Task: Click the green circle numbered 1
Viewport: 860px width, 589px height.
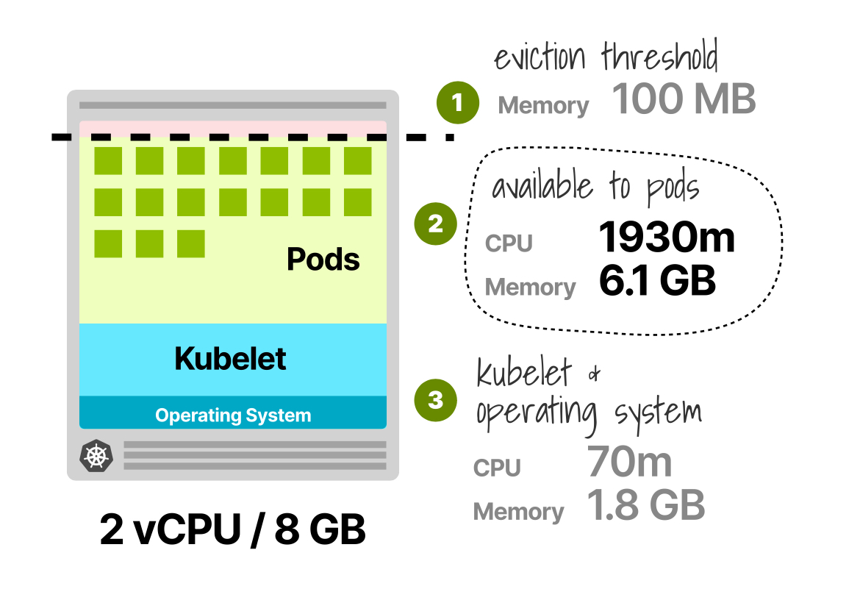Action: (x=457, y=103)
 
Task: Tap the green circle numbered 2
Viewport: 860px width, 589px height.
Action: (x=435, y=224)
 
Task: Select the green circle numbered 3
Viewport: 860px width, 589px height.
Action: (x=435, y=400)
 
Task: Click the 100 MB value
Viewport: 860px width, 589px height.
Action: (x=684, y=99)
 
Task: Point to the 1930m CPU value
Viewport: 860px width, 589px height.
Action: (x=666, y=238)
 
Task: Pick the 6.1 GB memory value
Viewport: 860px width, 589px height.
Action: (x=657, y=281)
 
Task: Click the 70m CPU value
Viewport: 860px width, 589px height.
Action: (x=629, y=462)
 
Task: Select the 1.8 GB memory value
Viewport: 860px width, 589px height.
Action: (x=646, y=505)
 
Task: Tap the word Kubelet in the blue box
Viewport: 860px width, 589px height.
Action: (x=231, y=359)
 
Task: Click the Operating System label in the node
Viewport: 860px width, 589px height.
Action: (x=233, y=415)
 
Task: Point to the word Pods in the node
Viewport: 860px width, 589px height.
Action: (x=323, y=259)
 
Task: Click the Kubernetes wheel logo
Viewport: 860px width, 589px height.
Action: (x=95, y=457)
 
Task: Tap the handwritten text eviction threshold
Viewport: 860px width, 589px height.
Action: (x=606, y=57)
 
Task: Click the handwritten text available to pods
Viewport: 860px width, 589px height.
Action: (x=595, y=187)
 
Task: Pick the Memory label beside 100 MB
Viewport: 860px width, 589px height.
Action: (x=543, y=106)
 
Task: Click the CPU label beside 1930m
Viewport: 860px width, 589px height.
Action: (x=509, y=243)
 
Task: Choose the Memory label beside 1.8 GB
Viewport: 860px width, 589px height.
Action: (x=518, y=512)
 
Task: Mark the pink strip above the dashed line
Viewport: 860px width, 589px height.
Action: (x=233, y=128)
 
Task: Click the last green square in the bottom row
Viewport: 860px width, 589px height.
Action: (x=190, y=244)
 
